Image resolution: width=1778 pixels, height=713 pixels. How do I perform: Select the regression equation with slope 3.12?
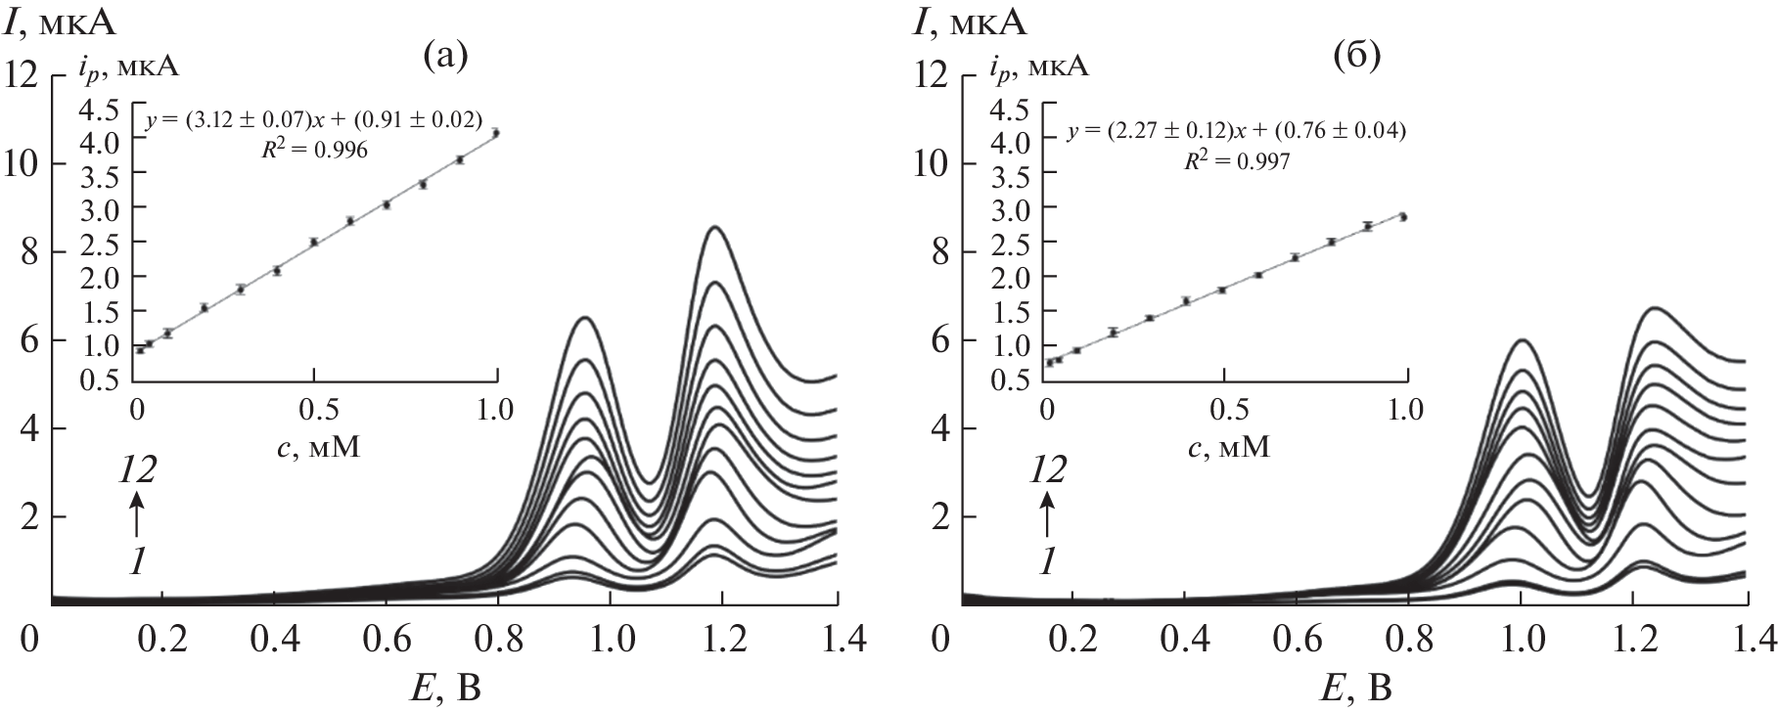pos(314,121)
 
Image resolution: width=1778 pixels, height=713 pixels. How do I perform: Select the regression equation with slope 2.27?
pos(1235,131)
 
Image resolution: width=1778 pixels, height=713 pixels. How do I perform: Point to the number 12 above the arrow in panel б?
pos(1048,471)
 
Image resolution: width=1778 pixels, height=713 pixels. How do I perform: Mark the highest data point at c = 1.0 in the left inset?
pos(496,133)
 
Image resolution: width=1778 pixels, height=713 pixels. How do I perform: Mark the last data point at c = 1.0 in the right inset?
pos(1403,216)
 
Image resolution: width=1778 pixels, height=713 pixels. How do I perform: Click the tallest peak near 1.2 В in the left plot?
pos(715,227)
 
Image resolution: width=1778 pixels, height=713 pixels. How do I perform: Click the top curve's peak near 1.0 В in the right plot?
pos(1524,340)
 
